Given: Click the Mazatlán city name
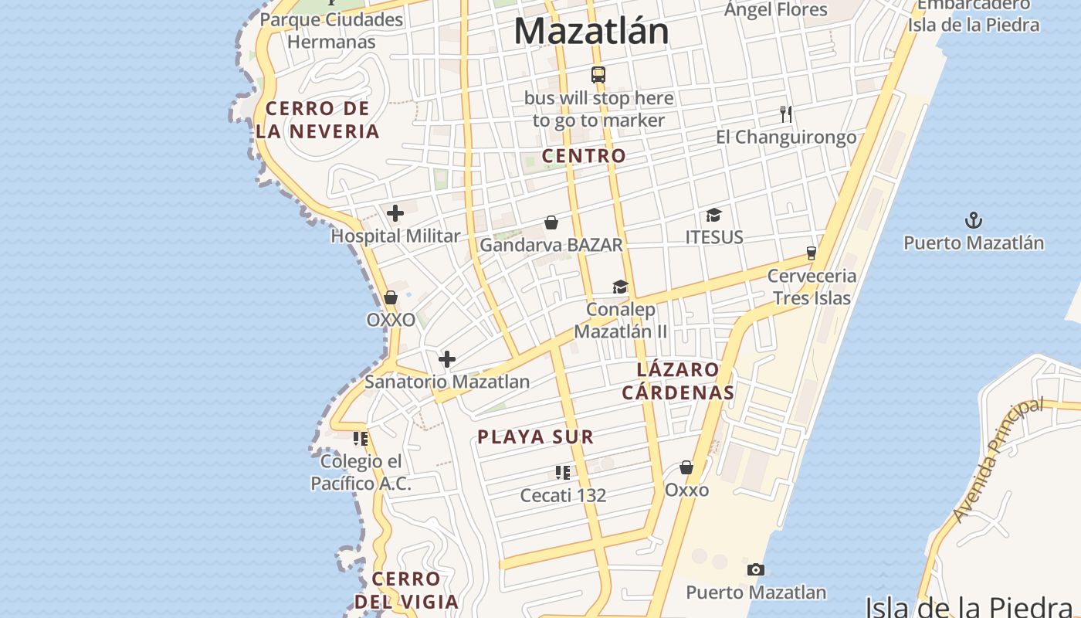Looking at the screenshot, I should coord(591,32).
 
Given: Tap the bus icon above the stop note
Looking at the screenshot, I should coord(598,75).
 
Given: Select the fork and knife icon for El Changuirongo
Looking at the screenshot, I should coord(786,114).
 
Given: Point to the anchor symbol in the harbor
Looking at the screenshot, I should coord(974,220).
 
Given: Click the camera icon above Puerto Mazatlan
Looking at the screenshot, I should coord(756,570).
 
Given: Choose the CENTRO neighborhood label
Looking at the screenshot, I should coord(584,156).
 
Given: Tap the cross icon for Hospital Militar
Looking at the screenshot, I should coord(395,213).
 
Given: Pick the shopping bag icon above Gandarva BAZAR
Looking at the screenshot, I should coord(551,222).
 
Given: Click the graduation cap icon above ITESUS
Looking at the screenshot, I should coord(713,215).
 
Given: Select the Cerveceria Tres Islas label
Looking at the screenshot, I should coord(812,287).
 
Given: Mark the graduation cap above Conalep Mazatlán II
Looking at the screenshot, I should coord(620,287).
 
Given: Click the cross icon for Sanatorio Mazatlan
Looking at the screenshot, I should coord(447,359).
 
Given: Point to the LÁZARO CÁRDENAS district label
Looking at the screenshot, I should coord(678,381).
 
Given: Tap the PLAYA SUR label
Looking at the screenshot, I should coord(535,437).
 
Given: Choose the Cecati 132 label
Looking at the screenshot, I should coord(563,495).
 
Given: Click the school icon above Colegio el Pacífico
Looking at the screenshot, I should coord(361,439).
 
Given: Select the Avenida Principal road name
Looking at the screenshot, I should coord(998,460).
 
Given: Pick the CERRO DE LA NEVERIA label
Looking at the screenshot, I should coord(317,120).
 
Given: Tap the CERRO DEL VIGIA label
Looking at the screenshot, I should coord(406,589).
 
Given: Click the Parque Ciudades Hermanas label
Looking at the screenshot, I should coord(331,30).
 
